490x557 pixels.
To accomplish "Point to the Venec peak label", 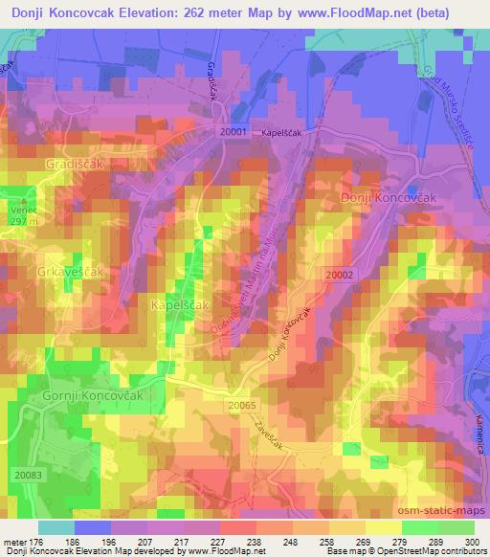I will pyautogui.click(x=22, y=209).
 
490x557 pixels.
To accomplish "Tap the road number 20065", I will pyautogui.click(x=243, y=406).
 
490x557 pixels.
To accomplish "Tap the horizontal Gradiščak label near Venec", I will pyautogui.click(x=72, y=165).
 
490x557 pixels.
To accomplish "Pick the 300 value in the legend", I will pyautogui.click(x=468, y=542).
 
